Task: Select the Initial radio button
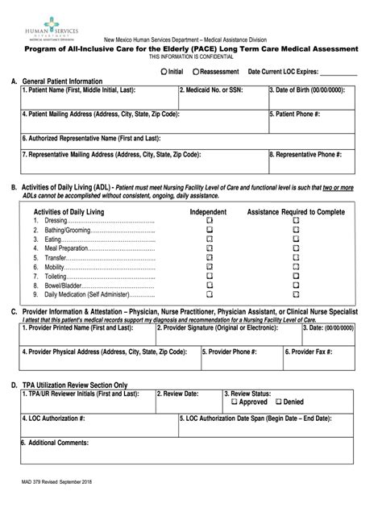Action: pos(164,72)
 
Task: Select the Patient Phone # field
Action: pos(309,122)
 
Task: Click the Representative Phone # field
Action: pos(309,161)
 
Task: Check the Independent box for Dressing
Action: pos(209,220)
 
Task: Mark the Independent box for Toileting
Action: pos(209,277)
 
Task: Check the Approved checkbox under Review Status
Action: pos(235,402)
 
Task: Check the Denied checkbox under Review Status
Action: pos(279,402)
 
